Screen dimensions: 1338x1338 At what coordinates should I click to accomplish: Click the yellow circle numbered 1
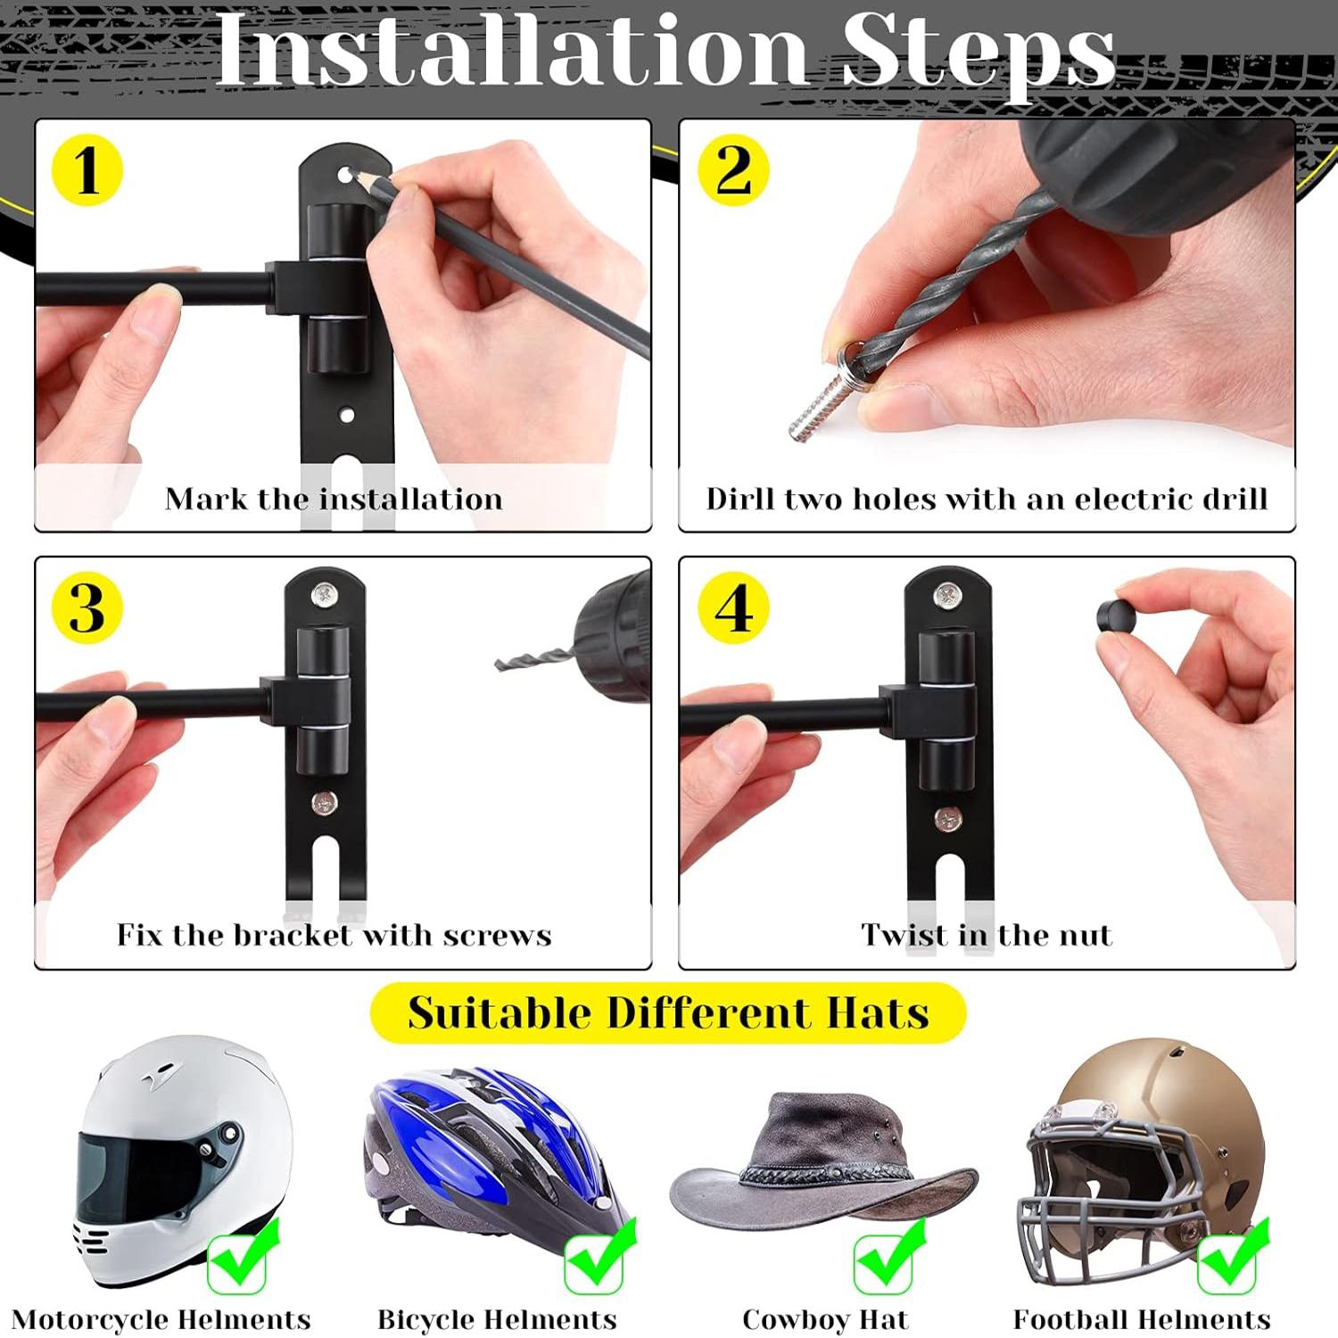[87, 170]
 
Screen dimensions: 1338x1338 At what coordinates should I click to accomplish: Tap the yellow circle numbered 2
[732, 170]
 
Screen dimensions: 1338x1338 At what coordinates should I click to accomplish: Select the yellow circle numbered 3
[87, 608]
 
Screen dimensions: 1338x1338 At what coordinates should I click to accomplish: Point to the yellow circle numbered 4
[732, 608]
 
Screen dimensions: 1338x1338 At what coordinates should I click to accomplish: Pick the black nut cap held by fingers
[1115, 615]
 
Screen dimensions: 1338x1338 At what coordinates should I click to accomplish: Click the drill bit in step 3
[532, 661]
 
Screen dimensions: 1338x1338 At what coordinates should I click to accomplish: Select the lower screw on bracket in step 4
[947, 818]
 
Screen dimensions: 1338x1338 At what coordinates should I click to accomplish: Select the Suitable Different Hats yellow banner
[668, 1013]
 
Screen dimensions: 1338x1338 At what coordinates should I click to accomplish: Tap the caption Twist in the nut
[987, 935]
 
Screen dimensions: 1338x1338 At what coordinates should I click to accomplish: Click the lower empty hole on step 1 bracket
[347, 415]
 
